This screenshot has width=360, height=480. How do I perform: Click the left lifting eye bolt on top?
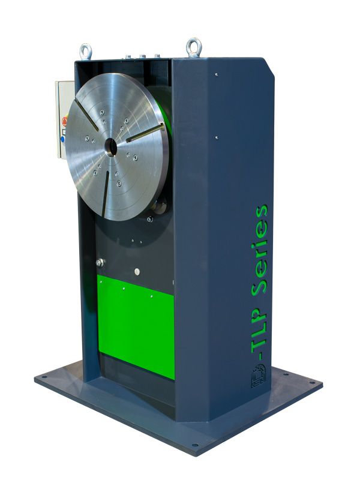(86, 52)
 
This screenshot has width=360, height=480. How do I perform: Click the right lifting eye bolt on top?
(194, 47)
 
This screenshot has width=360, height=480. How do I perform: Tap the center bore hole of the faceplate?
(111, 146)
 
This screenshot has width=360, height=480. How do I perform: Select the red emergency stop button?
(65, 121)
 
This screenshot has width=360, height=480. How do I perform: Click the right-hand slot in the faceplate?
(145, 133)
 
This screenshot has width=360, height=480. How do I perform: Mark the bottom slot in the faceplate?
(105, 193)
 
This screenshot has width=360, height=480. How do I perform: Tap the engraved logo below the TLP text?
(259, 376)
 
